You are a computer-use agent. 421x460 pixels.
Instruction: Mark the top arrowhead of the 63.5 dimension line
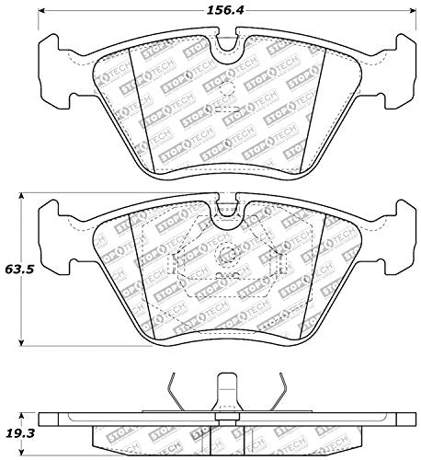[x=26, y=196]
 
